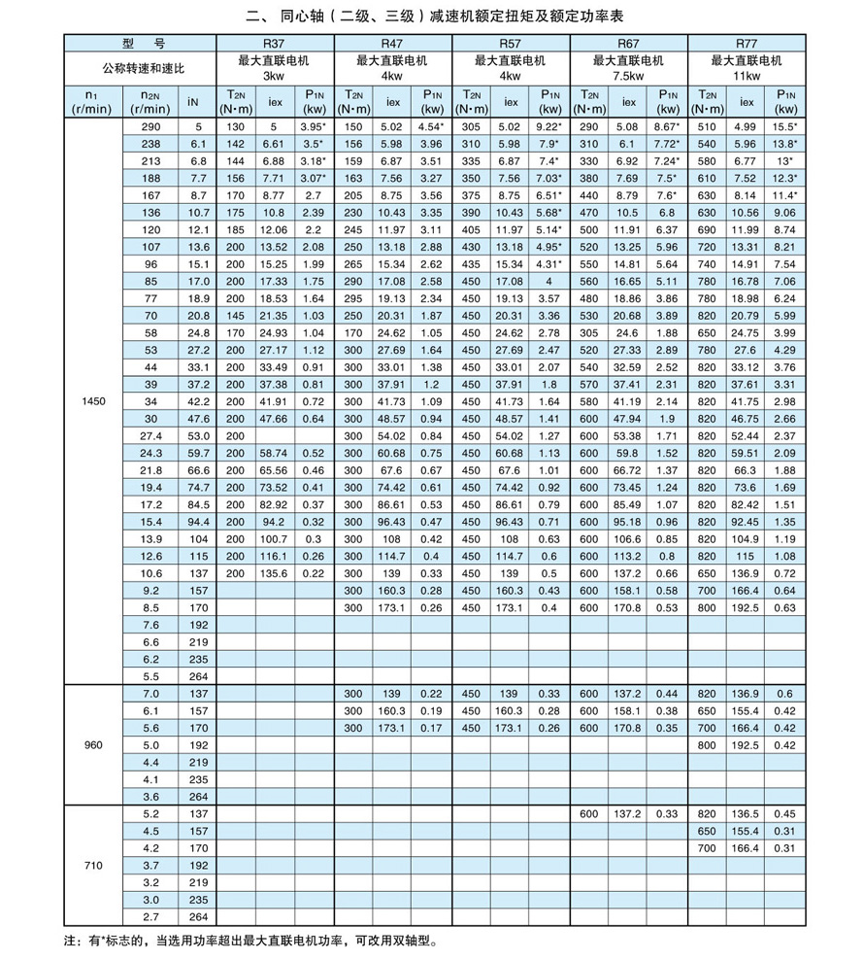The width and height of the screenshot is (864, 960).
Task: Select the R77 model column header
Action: [x=746, y=43]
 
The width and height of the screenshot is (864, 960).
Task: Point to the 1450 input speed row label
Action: [x=93, y=400]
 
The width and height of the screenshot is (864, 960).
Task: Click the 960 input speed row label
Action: [x=93, y=746]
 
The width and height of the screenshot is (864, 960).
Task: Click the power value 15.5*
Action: [x=785, y=126]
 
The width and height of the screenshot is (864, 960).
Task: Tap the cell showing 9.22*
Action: [x=549, y=126]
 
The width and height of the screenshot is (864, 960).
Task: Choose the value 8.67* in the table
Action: [x=667, y=126]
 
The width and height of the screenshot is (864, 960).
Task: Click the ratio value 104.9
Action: [x=746, y=538]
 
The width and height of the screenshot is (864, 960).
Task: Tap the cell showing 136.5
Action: [x=746, y=813]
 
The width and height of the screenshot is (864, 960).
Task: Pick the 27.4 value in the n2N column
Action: [x=150, y=435]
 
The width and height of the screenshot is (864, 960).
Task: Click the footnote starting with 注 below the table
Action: [x=252, y=942]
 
